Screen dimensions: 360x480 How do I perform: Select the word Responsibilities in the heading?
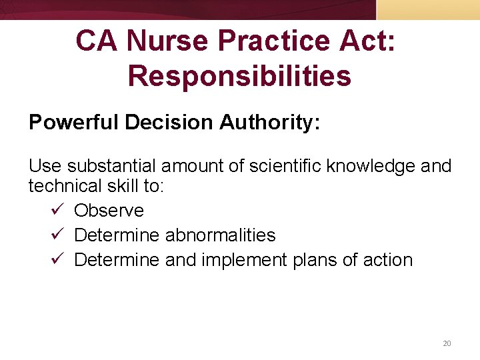(239, 76)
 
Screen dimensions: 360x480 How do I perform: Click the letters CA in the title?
(97, 41)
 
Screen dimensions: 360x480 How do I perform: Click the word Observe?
(109, 211)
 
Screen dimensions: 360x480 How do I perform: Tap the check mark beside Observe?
(57, 211)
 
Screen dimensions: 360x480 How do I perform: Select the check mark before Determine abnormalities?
(57, 235)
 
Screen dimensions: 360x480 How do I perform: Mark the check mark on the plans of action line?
(57, 260)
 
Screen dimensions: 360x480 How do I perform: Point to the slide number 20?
(447, 343)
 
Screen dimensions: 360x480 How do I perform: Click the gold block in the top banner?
(428, 9)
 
